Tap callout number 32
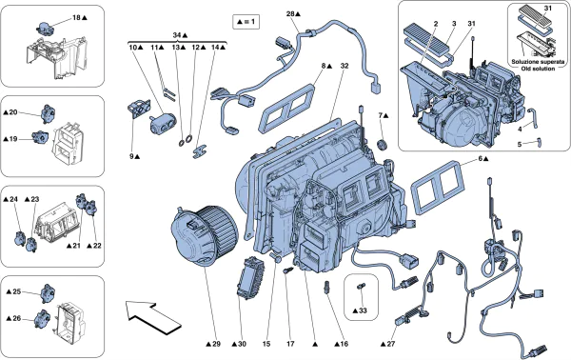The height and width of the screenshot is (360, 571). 345,66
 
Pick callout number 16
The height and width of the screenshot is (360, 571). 340,343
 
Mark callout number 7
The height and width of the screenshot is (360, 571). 383,116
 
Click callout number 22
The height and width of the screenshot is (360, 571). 94,246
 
